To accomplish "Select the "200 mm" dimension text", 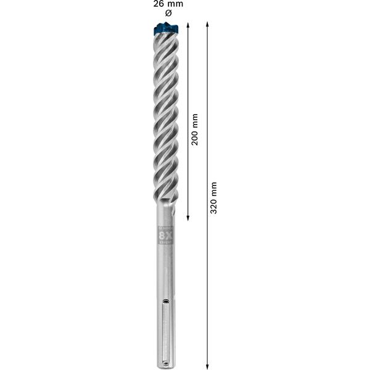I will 195,129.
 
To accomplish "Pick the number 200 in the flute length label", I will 195,138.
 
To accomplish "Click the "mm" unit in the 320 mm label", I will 213,187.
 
